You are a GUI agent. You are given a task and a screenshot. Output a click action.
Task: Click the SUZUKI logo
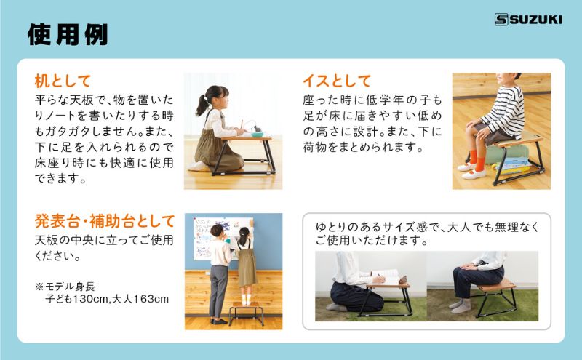click(x=527, y=20)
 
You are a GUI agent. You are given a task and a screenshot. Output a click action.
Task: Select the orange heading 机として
click(x=63, y=81)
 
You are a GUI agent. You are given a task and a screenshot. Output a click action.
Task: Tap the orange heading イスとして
click(x=337, y=81)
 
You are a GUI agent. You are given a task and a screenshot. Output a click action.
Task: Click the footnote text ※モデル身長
click(x=68, y=284)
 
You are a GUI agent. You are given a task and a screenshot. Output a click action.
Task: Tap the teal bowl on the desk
click(x=238, y=132)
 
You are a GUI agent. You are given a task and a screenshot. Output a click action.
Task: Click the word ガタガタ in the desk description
click(x=81, y=125)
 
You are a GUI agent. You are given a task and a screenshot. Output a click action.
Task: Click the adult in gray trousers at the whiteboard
click(x=219, y=273)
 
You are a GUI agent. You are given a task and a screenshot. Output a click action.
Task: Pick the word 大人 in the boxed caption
click(x=473, y=225)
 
